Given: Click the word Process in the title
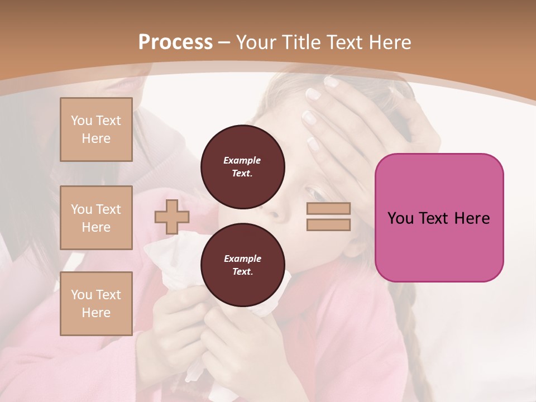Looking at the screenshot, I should pyautogui.click(x=175, y=42).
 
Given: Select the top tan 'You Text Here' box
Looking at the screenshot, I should pyautogui.click(x=96, y=130).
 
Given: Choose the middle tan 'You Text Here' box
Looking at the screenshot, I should pyautogui.click(x=96, y=218).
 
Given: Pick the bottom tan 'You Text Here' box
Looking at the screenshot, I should pyautogui.click(x=96, y=304).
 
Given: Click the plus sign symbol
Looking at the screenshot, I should pyautogui.click(x=171, y=217).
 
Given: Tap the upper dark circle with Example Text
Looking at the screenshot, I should pyautogui.click(x=243, y=167).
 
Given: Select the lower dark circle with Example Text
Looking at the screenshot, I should pyautogui.click(x=243, y=265).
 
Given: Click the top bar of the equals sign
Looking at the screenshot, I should pyautogui.click(x=328, y=209).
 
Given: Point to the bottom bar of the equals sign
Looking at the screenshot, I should pyautogui.click(x=328, y=224).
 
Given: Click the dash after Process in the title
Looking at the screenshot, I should pyautogui.click(x=224, y=42).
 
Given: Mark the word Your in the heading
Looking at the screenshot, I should pyautogui.click(x=257, y=42).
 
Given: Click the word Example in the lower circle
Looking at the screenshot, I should pyautogui.click(x=242, y=259).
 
